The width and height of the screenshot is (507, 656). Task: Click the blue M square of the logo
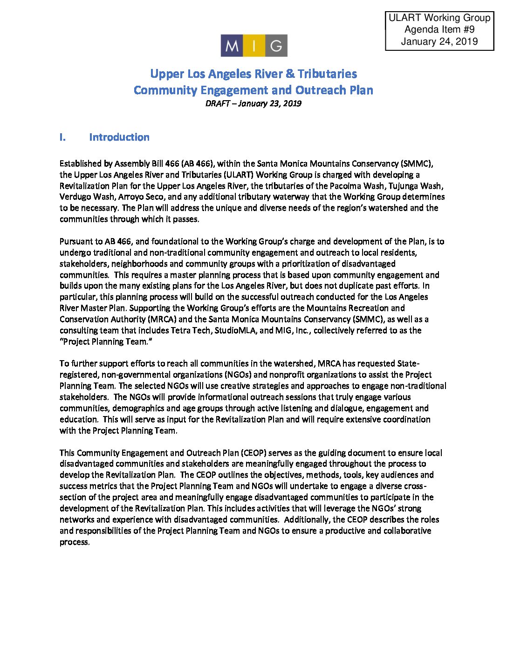232,46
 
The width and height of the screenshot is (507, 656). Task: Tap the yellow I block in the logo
254,46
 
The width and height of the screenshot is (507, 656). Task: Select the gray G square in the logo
276,46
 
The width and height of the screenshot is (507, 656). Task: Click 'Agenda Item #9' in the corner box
439,30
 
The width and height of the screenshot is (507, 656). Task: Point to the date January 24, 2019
439,41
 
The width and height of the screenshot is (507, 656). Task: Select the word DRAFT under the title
217,103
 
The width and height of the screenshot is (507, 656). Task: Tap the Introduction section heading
119,137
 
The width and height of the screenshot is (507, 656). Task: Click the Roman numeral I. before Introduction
62,137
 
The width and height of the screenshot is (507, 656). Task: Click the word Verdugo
75,197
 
